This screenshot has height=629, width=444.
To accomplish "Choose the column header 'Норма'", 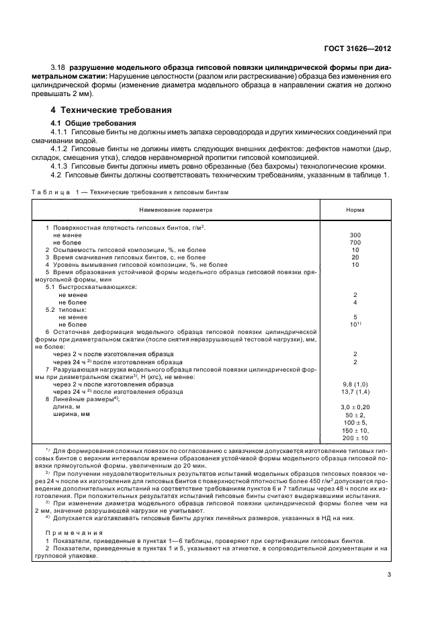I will click(355, 210).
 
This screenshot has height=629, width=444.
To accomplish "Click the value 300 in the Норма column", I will click(355, 235).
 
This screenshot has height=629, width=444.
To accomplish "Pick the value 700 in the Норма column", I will click(355, 242).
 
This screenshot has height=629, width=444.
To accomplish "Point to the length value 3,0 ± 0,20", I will click(355, 407).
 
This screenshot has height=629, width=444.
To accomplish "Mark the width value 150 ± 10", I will click(355, 430).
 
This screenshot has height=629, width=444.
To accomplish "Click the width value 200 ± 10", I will click(355, 438).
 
